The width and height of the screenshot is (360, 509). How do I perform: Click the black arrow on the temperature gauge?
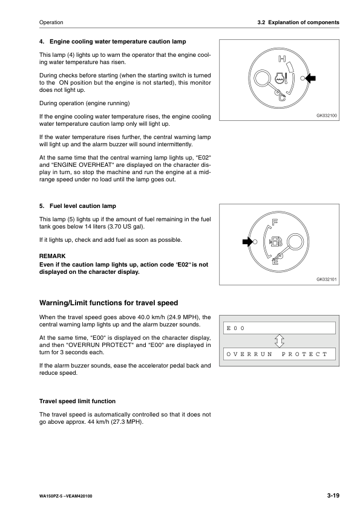pos(311,78)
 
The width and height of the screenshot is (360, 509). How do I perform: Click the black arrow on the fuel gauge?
pos(247,242)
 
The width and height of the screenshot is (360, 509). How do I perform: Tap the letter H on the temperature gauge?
pos(282,59)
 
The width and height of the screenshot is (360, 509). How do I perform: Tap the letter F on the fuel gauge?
pos(275,222)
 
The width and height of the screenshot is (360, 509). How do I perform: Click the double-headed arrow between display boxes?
pos(279,341)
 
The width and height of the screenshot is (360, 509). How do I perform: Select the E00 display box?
pos(280,328)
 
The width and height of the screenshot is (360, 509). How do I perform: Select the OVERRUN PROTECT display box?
pos(280,354)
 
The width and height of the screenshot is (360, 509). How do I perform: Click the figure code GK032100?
pos(327,115)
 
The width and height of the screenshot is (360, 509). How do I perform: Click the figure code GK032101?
pos(327,279)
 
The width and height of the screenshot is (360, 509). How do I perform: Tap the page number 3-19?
pos(333,495)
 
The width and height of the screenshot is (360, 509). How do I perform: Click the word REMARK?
pos(52,256)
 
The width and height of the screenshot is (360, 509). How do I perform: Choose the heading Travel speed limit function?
pos(77,401)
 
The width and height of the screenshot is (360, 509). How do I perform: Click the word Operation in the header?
pos(51,22)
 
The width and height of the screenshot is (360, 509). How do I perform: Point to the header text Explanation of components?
pos(304,22)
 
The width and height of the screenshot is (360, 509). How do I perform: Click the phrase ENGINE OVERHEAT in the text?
pos(77,165)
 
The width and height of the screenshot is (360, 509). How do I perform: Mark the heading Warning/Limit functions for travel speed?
pos(108,303)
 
